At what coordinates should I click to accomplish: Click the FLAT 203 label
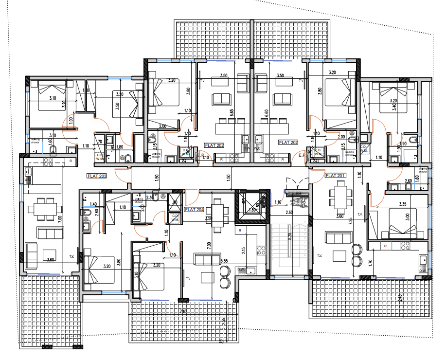96,176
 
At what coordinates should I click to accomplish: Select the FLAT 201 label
335,175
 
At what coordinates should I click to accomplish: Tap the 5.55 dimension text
224,261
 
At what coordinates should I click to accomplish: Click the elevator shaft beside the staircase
251,204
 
